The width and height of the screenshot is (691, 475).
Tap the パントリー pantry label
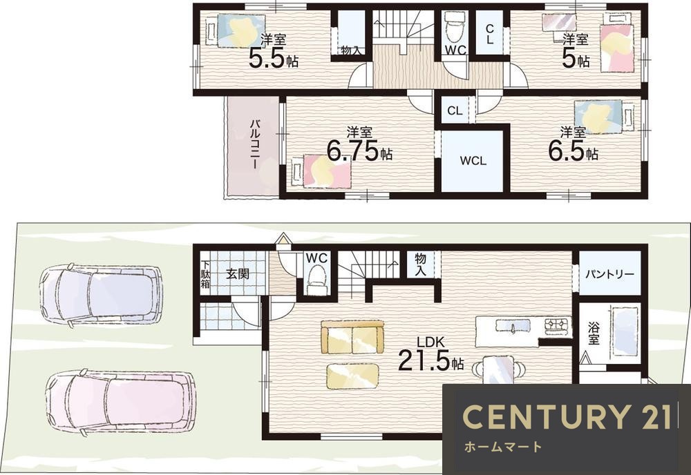click(x=609, y=274)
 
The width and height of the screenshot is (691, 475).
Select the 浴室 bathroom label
click(x=593, y=333)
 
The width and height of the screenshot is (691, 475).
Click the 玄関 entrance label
click(x=238, y=274)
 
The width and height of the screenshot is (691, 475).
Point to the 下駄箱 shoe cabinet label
click(x=205, y=274)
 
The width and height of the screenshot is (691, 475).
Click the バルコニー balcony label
click(x=254, y=143)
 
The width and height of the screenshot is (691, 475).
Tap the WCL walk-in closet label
click(x=473, y=161)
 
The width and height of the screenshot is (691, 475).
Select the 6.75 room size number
click(x=352, y=151)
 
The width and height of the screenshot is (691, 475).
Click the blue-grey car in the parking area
click(x=101, y=293)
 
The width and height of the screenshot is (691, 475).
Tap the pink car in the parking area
click(x=120, y=401)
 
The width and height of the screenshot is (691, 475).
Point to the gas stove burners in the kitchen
click(x=558, y=325)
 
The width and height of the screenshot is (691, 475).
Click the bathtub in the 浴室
click(x=625, y=331)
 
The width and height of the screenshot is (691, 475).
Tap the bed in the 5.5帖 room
click(x=236, y=31)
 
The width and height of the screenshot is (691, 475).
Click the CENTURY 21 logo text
click(x=567, y=416)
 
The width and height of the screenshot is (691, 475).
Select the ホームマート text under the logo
click(x=503, y=447)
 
